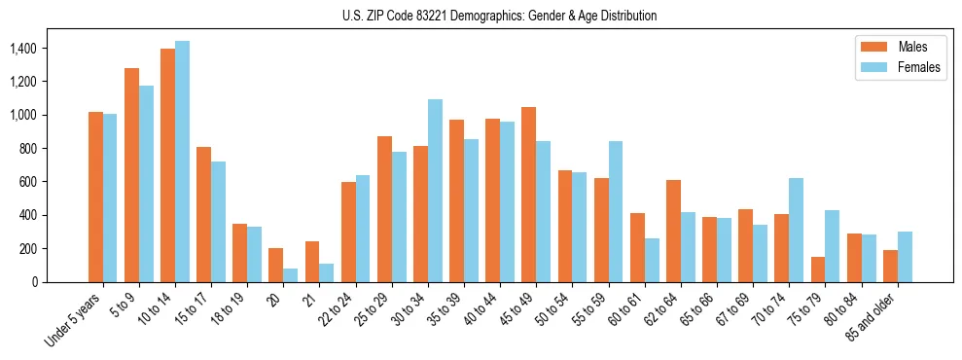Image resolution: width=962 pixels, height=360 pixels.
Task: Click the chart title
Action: click(x=499, y=16)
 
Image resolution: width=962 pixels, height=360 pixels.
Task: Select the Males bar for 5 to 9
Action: click(x=131, y=175)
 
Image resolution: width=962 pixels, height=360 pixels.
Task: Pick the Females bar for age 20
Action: click(x=290, y=275)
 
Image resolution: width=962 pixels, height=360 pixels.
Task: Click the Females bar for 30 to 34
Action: click(x=435, y=191)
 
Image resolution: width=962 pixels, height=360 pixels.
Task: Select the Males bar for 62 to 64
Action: click(x=673, y=231)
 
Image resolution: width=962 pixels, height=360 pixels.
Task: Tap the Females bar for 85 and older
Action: click(x=904, y=257)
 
